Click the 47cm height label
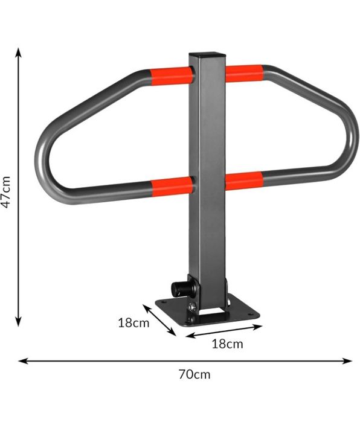[5, 192]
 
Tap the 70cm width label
[194, 374]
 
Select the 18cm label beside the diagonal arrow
[133, 323]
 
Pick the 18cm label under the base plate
[227, 344]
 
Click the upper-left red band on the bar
[172, 76]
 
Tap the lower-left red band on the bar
[172, 186]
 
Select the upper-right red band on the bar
[244, 73]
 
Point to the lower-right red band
[243, 181]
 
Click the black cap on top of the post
[207, 54]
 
